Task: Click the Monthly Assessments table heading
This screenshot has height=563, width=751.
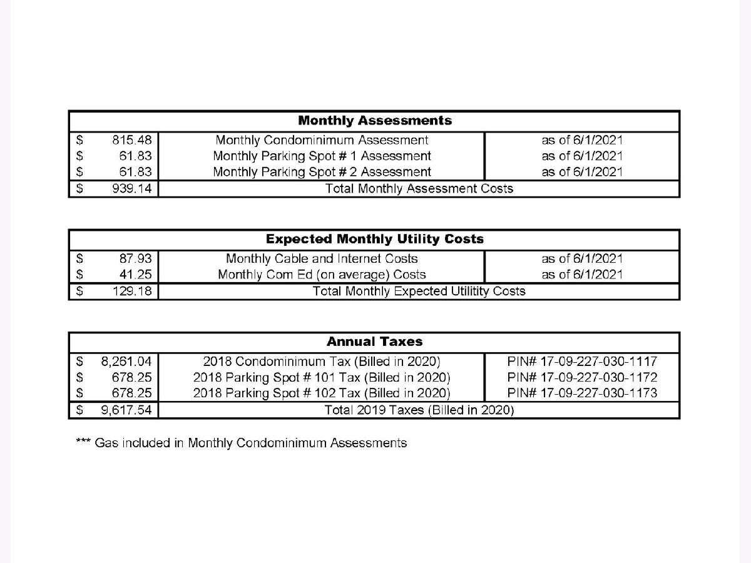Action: point(374,120)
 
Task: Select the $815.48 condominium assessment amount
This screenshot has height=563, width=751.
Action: point(131,140)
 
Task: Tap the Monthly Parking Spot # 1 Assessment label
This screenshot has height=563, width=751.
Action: point(322,156)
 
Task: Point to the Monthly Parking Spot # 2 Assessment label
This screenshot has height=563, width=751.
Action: point(322,171)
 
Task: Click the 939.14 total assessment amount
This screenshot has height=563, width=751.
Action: point(131,188)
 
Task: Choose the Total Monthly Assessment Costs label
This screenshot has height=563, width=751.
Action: point(419,188)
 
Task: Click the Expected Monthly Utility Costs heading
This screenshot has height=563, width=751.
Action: point(374,239)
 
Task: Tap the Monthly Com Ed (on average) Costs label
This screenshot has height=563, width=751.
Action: point(322,275)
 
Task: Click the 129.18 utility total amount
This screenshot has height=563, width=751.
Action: point(131,291)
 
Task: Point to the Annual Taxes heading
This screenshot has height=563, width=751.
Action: point(374,342)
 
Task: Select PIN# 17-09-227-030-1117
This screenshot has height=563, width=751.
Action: point(582,361)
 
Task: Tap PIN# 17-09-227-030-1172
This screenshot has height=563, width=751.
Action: point(582,377)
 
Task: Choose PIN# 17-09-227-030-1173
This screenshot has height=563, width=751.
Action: point(582,393)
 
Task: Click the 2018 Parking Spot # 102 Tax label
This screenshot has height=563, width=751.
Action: point(322,393)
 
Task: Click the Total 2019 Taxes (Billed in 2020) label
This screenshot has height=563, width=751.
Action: point(419,410)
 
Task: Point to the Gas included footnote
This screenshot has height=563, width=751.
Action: point(242,443)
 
